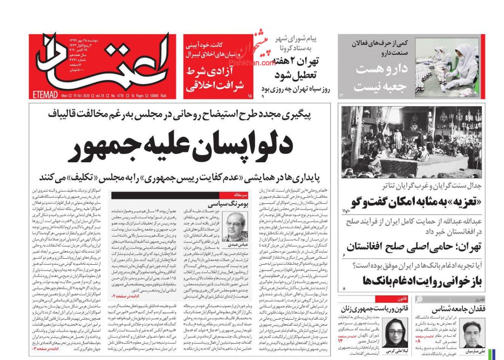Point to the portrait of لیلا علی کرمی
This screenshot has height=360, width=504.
pos(396,331)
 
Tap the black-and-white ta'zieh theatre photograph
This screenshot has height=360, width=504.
pos(411,142)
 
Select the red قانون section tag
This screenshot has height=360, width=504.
pos(389,299)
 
